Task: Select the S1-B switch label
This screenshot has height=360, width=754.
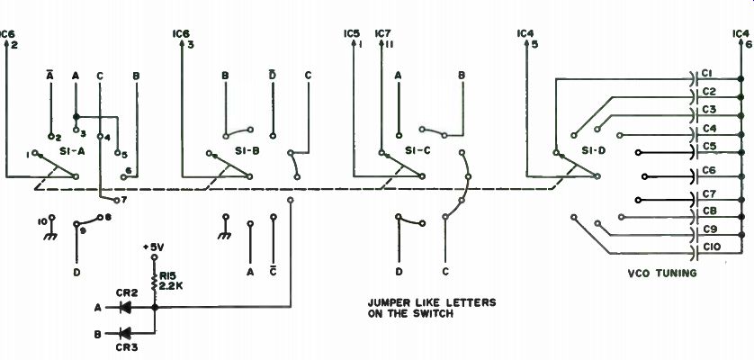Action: pyautogui.click(x=240, y=150)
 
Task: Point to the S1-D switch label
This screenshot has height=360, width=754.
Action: pyautogui.click(x=595, y=150)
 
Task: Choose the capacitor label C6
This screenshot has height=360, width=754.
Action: pyautogui.click(x=708, y=169)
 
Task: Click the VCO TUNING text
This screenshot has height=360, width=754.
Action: pyautogui.click(x=661, y=273)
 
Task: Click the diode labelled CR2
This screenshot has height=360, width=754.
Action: pyautogui.click(x=125, y=307)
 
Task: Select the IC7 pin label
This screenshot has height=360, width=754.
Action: pyautogui.click(x=382, y=34)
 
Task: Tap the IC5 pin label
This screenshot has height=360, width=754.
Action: pyautogui.click(x=351, y=34)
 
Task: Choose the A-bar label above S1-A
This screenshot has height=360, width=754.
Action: pyautogui.click(x=50, y=75)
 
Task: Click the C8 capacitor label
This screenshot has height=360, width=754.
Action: pyautogui.click(x=708, y=211)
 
